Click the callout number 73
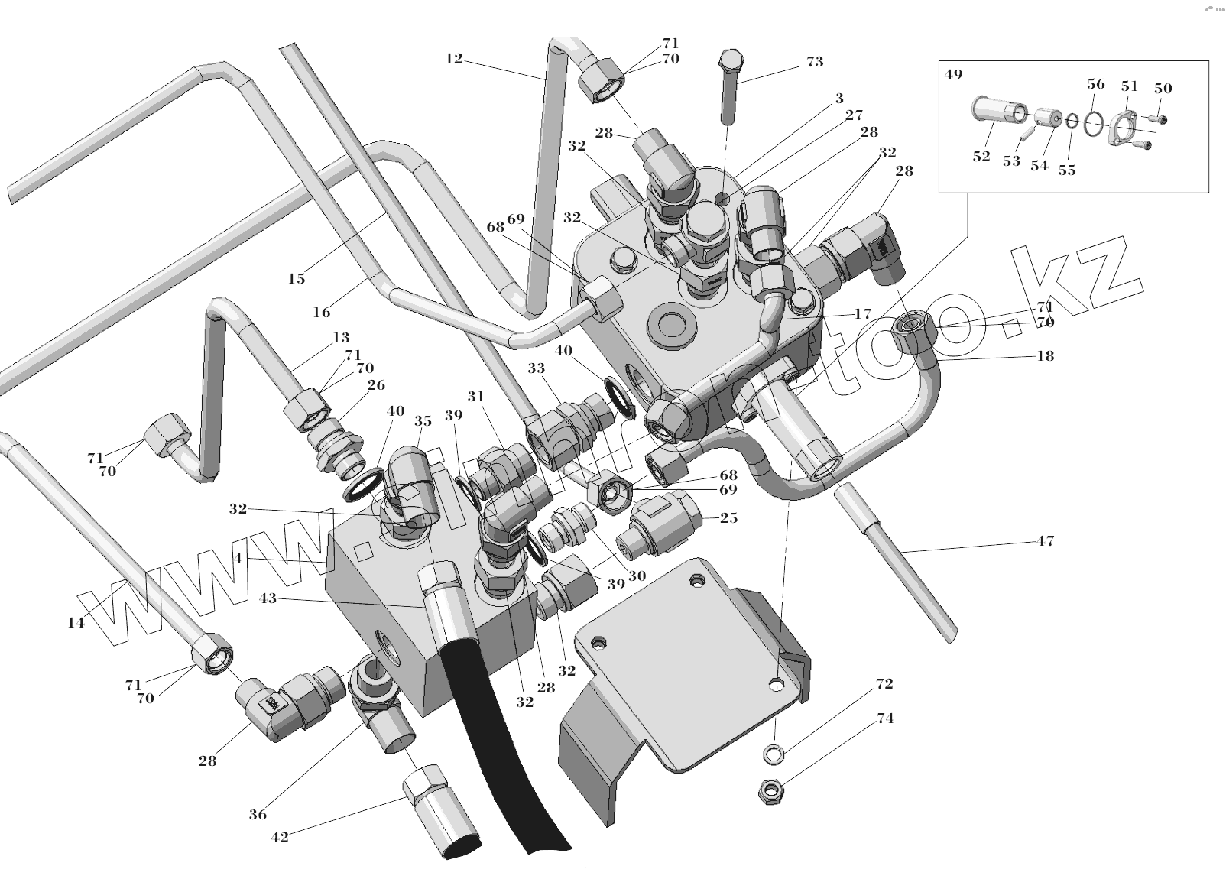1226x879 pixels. click(x=815, y=62)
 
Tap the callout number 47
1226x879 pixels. click(x=1045, y=541)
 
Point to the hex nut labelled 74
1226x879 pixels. click(x=767, y=791)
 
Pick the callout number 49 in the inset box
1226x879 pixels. click(x=952, y=75)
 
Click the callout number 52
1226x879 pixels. click(x=981, y=157)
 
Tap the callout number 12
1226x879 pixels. click(x=454, y=58)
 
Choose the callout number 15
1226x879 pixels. click(x=296, y=278)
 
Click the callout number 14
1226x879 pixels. click(x=75, y=622)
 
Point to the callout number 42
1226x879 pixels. click(x=280, y=837)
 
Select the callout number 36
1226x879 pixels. click(x=258, y=814)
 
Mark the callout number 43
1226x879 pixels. click(x=268, y=598)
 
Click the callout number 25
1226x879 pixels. click(x=728, y=518)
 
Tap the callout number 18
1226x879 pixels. click(x=1045, y=355)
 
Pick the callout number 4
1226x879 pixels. click(x=238, y=559)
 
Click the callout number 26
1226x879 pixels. click(x=376, y=385)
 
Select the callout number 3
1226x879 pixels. click(x=839, y=98)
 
